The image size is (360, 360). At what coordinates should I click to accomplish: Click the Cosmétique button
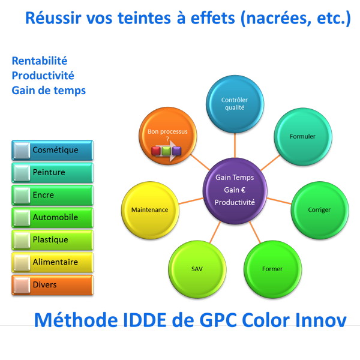[x=52, y=150]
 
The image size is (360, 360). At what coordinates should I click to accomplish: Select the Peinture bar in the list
[x=52, y=172]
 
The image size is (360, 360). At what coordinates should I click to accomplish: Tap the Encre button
[x=52, y=195]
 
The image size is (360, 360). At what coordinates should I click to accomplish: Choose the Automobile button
[x=52, y=217]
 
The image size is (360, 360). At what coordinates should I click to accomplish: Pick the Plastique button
[x=52, y=239]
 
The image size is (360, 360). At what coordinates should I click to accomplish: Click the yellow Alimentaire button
[x=52, y=262]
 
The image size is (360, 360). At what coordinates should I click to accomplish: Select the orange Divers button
[x=52, y=284]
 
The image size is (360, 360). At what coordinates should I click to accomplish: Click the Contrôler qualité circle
[x=235, y=104]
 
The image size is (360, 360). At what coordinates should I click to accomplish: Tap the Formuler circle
[x=303, y=137]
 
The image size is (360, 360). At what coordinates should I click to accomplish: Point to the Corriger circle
[x=320, y=210]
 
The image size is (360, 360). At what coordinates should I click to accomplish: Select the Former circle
[x=272, y=269]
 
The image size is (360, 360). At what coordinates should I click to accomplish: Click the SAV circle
[x=197, y=269]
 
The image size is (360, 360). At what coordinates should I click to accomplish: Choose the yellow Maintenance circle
[x=150, y=210]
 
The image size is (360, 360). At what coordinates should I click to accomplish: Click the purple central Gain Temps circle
[x=235, y=191]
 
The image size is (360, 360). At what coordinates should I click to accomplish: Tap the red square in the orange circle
[x=156, y=151]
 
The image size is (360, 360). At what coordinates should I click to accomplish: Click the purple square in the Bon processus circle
[x=176, y=151]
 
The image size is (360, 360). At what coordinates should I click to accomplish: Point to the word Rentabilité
[x=40, y=61]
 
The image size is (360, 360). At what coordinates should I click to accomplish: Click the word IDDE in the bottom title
[x=145, y=320]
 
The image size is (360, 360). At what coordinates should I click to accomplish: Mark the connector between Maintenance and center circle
[x=191, y=201]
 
